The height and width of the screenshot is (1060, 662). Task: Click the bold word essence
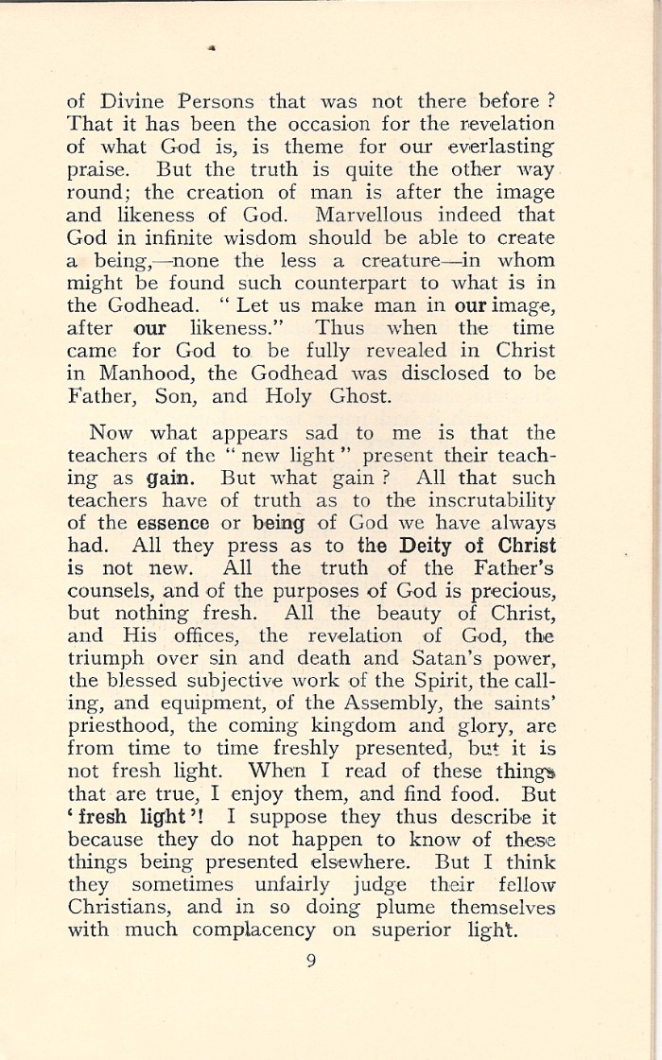tap(174, 523)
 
